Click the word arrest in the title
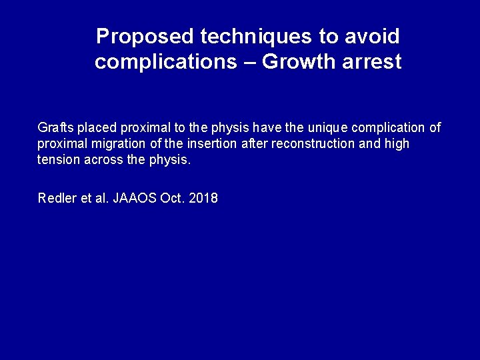click(371, 62)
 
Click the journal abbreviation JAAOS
click(135, 198)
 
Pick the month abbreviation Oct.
click(171, 198)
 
